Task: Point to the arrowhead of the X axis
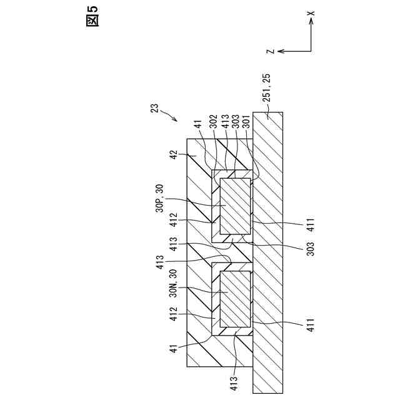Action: [x=311, y=22]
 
